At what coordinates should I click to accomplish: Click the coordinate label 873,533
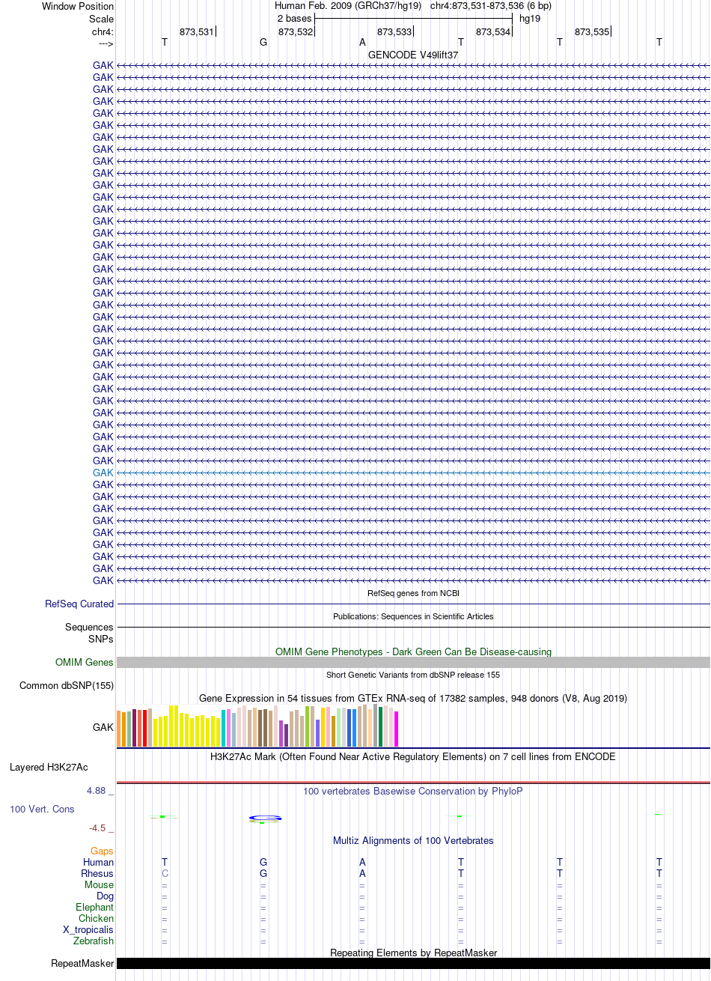tap(394, 32)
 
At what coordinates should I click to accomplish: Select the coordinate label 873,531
tap(197, 32)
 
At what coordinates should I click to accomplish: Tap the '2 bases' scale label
tap(294, 19)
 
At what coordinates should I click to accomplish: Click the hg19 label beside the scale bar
tap(530, 19)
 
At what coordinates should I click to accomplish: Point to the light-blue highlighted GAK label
tap(103, 473)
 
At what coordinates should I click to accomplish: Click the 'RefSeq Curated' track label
tap(79, 604)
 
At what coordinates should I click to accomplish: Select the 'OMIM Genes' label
tap(84, 662)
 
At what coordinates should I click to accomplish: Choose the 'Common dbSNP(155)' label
tap(67, 685)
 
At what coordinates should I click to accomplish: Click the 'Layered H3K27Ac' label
tap(49, 768)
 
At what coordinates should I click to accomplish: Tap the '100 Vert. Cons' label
tap(42, 809)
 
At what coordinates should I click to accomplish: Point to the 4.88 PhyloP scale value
tap(96, 791)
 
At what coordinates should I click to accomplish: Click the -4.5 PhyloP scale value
tap(97, 827)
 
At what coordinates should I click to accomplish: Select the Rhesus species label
tap(97, 873)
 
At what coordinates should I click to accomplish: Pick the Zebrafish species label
tap(94, 941)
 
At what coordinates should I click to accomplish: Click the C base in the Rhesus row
tap(165, 873)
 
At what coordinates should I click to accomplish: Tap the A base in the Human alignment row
tap(362, 862)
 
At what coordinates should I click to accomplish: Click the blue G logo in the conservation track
tap(265, 818)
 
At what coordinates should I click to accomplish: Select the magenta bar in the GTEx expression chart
tap(396, 729)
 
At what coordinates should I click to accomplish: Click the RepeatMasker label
tap(82, 964)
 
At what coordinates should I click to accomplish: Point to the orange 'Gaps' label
tap(102, 851)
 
